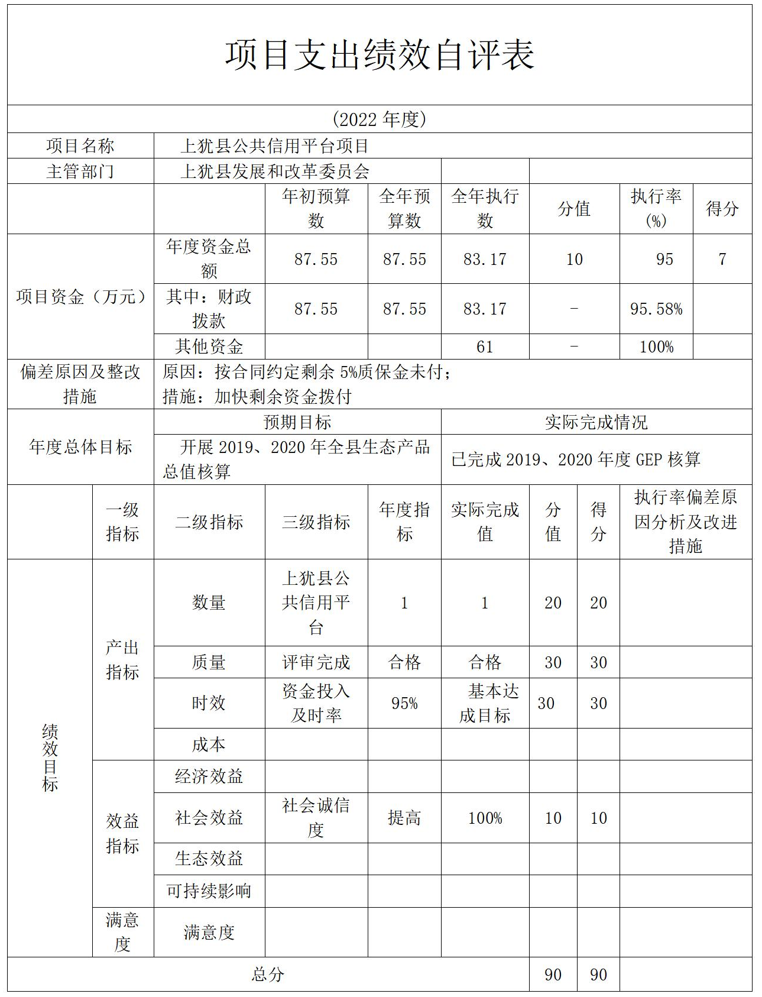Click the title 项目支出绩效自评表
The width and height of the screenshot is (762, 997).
(x=380, y=55)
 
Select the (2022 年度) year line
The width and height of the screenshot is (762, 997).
(x=380, y=119)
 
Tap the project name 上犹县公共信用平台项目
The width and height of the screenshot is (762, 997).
(x=275, y=146)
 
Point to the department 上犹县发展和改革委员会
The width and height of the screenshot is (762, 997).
(x=275, y=171)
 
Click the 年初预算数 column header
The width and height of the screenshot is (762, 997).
(x=316, y=209)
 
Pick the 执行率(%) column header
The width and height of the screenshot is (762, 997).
(x=656, y=209)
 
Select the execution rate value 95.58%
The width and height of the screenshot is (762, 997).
(x=656, y=309)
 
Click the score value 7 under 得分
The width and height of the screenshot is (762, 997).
(x=722, y=259)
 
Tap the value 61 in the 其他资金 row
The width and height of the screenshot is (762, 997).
(x=485, y=347)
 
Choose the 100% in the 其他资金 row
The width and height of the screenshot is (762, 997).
(x=656, y=347)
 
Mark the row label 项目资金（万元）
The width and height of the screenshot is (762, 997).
(x=80, y=297)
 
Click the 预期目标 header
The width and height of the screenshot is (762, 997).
(x=297, y=422)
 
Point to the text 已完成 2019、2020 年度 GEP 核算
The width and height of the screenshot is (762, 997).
(x=576, y=459)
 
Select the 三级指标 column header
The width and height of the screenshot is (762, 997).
(x=316, y=522)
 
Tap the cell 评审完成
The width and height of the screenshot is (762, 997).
(x=316, y=662)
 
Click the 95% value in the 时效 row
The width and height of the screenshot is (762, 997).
(x=404, y=703)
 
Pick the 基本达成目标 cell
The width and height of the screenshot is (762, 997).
(x=485, y=703)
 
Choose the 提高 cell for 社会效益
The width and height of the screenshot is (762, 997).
(x=404, y=818)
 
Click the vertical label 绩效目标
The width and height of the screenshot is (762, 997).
(x=50, y=758)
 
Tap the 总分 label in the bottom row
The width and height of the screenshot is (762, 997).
(x=268, y=975)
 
